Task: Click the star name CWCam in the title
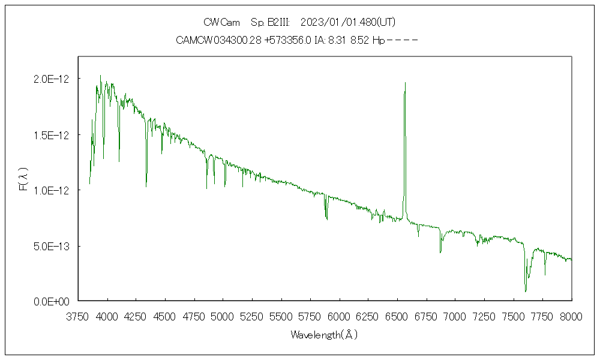[x=222, y=22]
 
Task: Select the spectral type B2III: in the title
[x=271, y=22]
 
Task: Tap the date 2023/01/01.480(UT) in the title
[x=347, y=22]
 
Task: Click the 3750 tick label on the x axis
[x=78, y=316]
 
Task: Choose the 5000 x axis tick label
[x=223, y=316]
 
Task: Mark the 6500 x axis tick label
[x=397, y=316]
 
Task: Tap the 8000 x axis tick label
[x=571, y=316]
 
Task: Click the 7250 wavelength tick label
[x=484, y=316]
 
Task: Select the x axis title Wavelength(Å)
[x=324, y=335]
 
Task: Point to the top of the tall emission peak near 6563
[x=406, y=83]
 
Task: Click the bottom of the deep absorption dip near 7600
[x=526, y=291]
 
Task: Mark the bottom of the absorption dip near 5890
[x=326, y=219]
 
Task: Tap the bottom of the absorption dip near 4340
[x=146, y=187]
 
